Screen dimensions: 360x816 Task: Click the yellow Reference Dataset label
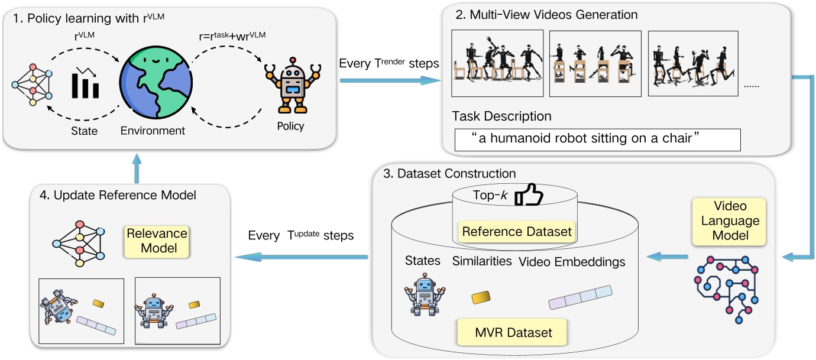pyautogui.click(x=517, y=231)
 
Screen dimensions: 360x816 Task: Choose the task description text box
pyautogui.click(x=597, y=140)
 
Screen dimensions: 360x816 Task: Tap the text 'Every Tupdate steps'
pyautogui.click(x=300, y=235)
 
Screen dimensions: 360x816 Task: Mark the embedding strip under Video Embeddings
pyautogui.click(x=580, y=297)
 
